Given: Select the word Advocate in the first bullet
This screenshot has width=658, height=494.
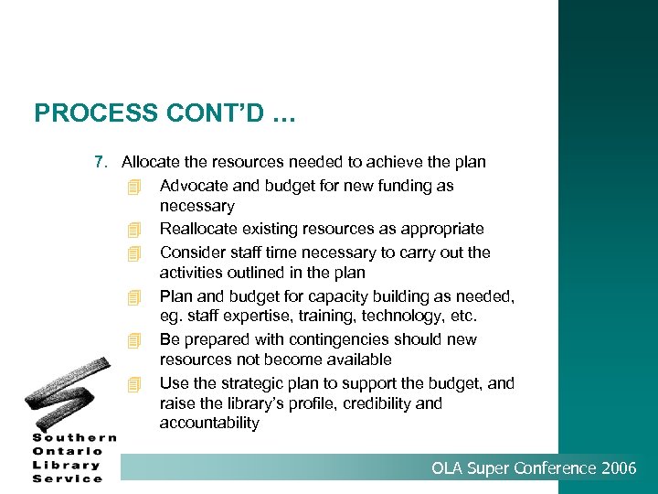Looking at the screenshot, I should click(x=191, y=186).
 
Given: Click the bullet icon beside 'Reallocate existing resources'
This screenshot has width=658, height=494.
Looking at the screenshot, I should click(x=135, y=230).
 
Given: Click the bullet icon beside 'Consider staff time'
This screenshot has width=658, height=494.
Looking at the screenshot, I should click(x=135, y=253).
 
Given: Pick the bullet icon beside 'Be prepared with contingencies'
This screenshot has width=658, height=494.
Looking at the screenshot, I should click(x=135, y=340).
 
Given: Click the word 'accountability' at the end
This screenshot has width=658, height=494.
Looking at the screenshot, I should click(x=209, y=424).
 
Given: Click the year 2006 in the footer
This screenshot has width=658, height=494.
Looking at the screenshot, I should click(x=620, y=469).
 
